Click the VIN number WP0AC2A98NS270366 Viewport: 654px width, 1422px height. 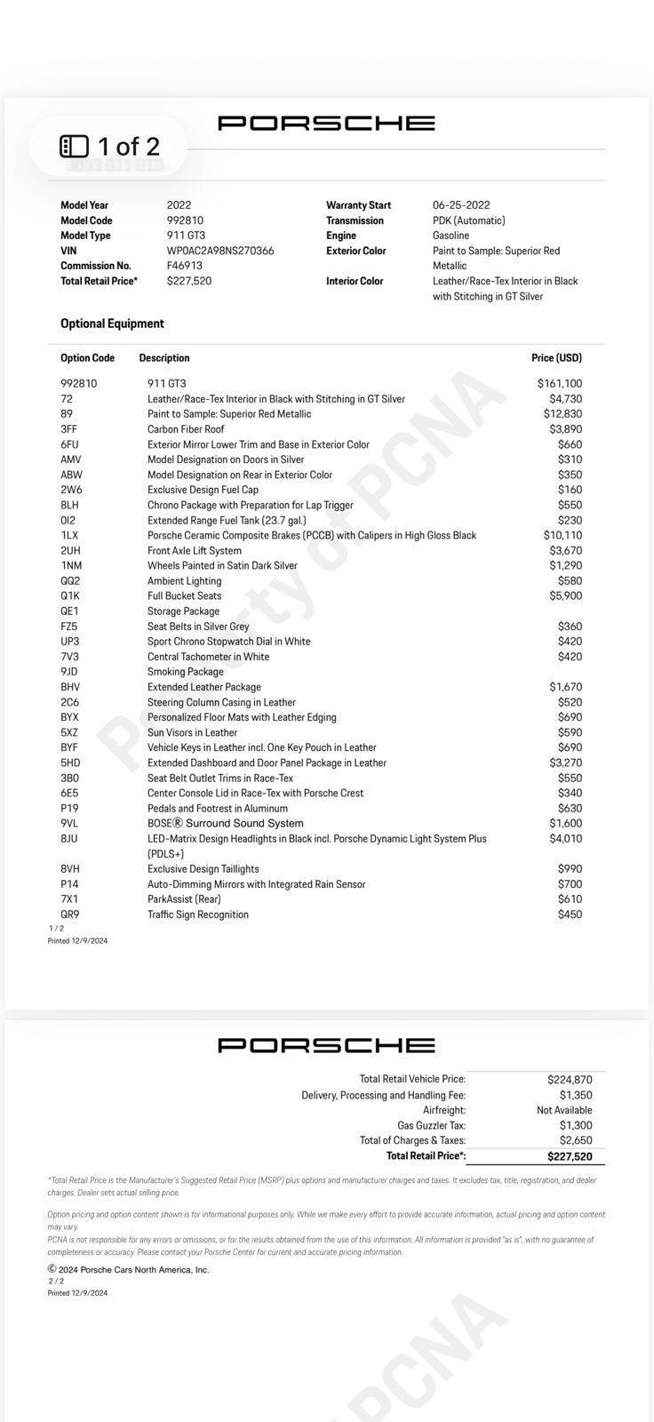click(x=220, y=251)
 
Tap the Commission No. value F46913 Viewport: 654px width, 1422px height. click(x=185, y=266)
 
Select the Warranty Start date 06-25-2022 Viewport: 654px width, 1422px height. click(x=461, y=205)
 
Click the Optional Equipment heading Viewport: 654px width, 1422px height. click(x=112, y=324)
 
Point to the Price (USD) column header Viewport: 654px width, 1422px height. click(x=556, y=358)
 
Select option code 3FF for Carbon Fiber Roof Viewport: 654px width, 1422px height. click(x=68, y=429)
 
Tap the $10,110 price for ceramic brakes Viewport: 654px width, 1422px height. click(x=562, y=535)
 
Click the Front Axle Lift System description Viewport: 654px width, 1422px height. click(x=195, y=551)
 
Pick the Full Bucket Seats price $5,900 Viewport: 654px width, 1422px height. click(x=565, y=595)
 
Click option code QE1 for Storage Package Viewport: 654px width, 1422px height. click(x=69, y=611)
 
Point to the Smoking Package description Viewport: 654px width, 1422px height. click(x=186, y=672)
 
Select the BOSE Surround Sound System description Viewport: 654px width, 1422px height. click(x=226, y=824)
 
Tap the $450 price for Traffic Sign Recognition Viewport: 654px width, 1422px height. click(x=570, y=915)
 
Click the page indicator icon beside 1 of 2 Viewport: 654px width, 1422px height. click(x=74, y=146)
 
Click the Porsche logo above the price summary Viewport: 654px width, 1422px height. click(x=326, y=1045)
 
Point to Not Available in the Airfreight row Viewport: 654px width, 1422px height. click(x=564, y=1110)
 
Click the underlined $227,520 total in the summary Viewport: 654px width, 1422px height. click(x=570, y=1156)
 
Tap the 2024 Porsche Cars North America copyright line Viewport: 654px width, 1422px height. click(x=129, y=1270)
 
